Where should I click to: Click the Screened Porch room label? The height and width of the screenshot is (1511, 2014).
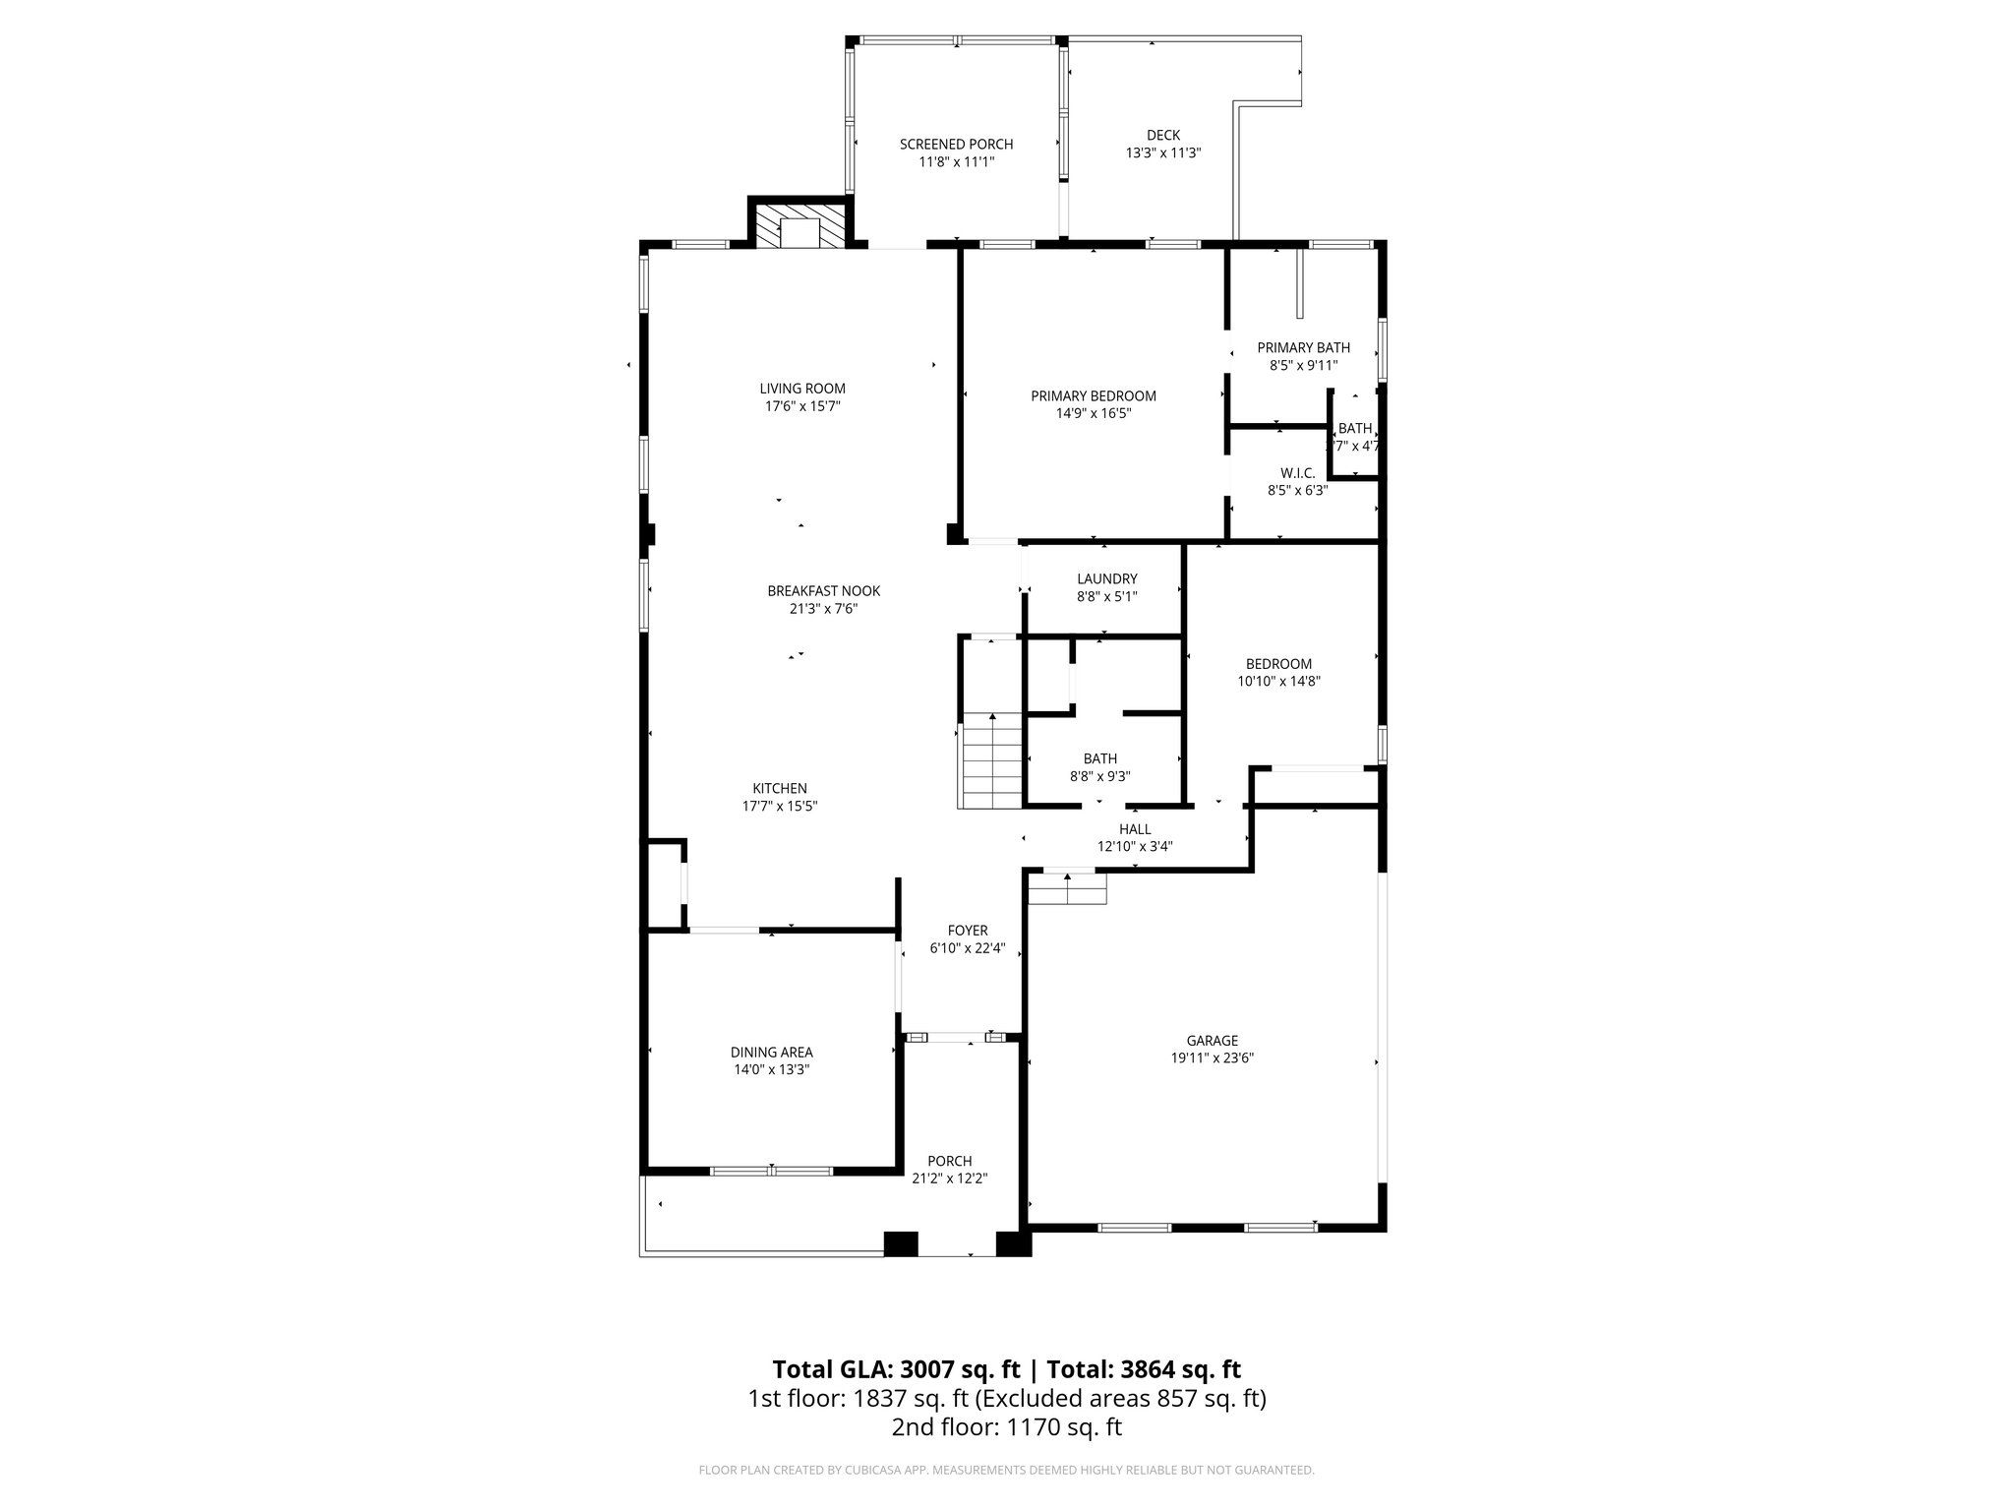[956, 145]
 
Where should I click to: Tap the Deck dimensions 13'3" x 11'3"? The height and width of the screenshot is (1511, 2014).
[1163, 153]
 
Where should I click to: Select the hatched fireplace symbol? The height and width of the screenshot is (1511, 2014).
[800, 225]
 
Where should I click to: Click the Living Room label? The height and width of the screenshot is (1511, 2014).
[801, 389]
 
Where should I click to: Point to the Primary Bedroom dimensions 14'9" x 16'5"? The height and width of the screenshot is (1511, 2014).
[1094, 414]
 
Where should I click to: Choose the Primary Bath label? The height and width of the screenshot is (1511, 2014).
[1303, 347]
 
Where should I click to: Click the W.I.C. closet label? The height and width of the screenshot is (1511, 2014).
[1297, 473]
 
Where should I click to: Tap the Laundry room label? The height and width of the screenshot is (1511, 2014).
[1106, 579]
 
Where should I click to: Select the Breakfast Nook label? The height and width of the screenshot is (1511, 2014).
[823, 591]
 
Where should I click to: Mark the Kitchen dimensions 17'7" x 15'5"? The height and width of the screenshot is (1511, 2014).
[780, 807]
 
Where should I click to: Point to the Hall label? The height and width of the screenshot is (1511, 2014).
[1135, 829]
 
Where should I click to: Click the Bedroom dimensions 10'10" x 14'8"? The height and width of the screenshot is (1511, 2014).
[1278, 681]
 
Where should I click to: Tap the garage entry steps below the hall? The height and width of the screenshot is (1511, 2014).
[1067, 889]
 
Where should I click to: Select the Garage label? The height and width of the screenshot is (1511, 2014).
[1212, 1041]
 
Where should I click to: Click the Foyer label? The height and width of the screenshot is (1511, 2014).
[968, 931]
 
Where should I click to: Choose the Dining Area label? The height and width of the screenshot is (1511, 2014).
[771, 1053]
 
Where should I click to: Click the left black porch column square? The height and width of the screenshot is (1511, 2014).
[900, 1243]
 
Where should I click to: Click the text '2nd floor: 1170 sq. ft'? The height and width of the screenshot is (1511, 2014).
[1007, 1427]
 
